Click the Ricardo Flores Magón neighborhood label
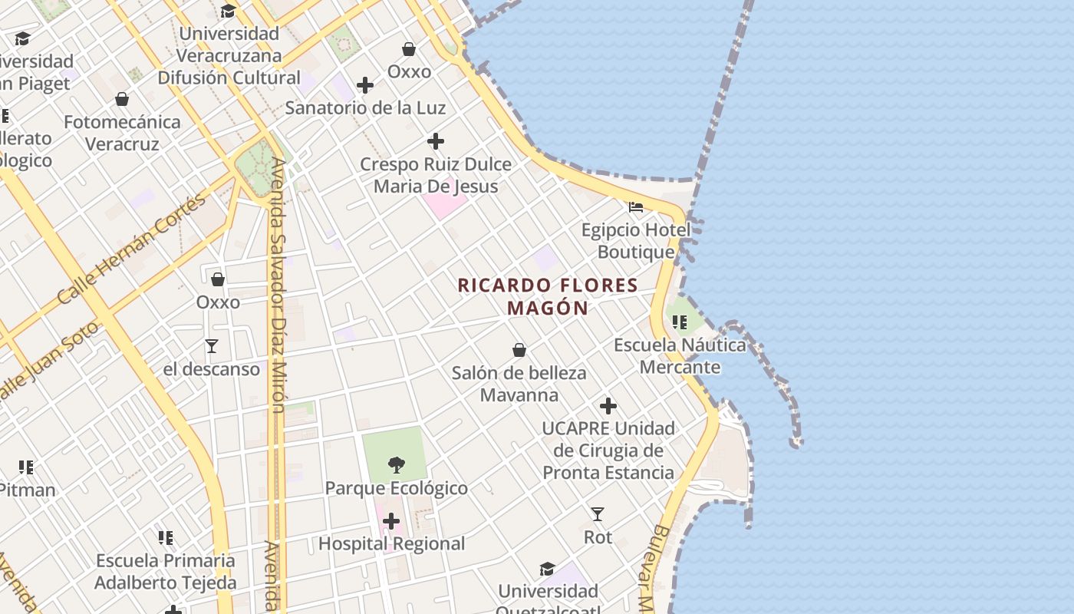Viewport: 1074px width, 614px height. [x=548, y=296]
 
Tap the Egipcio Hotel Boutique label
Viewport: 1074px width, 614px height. [x=636, y=241]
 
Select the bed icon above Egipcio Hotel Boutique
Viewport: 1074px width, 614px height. [x=636, y=206]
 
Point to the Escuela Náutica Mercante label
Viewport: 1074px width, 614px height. [x=680, y=356]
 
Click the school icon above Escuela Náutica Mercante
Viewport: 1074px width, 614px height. [x=680, y=322]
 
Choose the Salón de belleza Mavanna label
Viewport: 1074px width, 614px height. [x=519, y=384]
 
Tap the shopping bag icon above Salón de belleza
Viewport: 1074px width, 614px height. [x=519, y=350]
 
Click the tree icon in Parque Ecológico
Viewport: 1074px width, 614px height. [x=396, y=464]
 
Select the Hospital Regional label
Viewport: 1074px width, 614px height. [x=392, y=544]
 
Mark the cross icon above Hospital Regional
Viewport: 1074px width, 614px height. [x=391, y=522]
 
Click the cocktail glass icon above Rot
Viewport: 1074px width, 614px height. [x=598, y=513]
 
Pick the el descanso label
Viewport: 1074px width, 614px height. [x=212, y=369]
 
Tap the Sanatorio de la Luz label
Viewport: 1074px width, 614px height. [x=365, y=108]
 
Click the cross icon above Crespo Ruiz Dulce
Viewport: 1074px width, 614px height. [x=436, y=141]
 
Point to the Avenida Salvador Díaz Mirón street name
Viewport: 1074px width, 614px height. [x=278, y=284]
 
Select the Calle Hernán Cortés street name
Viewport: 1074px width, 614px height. [x=132, y=248]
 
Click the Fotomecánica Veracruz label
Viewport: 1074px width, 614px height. [x=123, y=133]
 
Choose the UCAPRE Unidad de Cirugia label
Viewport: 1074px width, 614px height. [x=608, y=451]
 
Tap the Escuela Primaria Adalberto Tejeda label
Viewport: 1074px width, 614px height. [x=165, y=572]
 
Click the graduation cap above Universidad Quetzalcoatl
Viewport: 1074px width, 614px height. [x=547, y=569]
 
